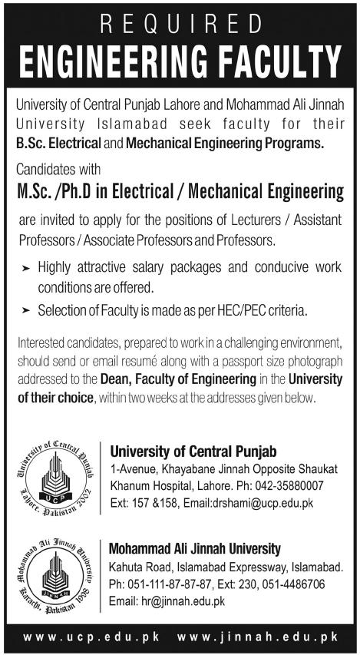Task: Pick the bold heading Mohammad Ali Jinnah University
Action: point(195,548)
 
